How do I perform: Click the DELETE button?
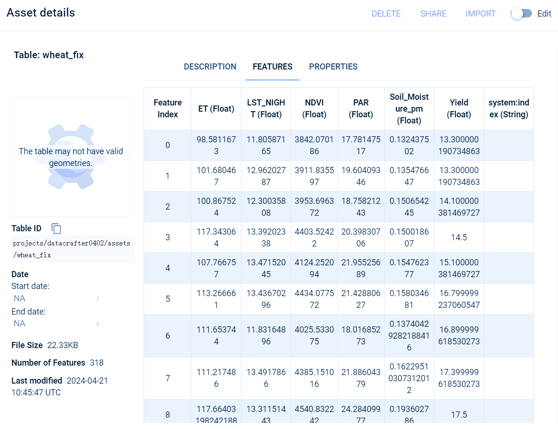coord(386,14)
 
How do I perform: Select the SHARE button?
coord(433,14)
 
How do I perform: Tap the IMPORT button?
coord(481,14)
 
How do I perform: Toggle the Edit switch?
coord(522,14)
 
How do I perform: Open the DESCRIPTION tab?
coord(210,67)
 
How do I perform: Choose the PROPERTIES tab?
coord(333,67)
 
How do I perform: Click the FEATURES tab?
coord(273,67)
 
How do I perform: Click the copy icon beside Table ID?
coord(56,228)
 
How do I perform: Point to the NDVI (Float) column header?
coord(314,108)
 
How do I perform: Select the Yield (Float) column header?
coord(459,108)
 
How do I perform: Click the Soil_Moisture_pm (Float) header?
coord(409,108)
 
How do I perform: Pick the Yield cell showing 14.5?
coord(459,237)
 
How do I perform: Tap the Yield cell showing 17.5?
coord(459,415)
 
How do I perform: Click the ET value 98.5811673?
coord(216,145)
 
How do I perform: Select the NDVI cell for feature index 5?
coord(314,299)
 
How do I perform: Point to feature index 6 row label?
coord(168,336)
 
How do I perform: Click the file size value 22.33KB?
coord(63,345)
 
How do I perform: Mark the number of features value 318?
coord(96,363)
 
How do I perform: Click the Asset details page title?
coord(41,13)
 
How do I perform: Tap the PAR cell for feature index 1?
coord(361,176)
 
